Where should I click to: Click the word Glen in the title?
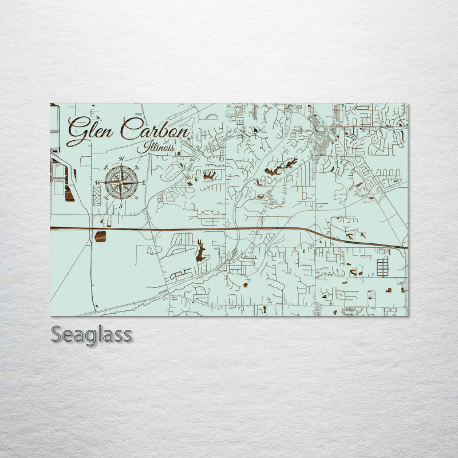(90, 131)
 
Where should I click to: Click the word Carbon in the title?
(155, 131)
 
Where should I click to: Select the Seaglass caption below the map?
(92, 334)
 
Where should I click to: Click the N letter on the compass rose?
(121, 160)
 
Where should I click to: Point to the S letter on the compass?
(121, 207)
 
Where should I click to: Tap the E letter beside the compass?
(144, 183)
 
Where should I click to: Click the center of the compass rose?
(121, 183)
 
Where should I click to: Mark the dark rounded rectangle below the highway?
(100, 236)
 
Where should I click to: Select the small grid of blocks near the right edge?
(382, 267)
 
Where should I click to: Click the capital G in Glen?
(77, 131)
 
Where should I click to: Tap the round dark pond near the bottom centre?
(246, 285)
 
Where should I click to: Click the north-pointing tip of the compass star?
(121, 167)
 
